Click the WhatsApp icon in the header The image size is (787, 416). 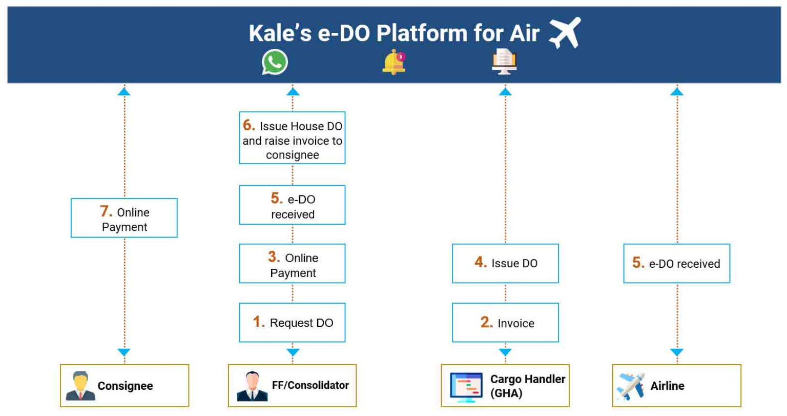[275, 62]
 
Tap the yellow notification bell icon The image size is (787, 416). [394, 62]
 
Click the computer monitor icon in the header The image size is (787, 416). [504, 62]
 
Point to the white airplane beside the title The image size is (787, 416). [565, 33]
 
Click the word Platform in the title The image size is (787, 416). [422, 33]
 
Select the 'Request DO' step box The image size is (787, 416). [293, 323]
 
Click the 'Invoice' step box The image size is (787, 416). [505, 323]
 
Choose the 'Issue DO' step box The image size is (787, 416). [505, 263]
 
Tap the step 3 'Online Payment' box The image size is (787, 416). [293, 263]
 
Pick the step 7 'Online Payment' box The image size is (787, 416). [124, 218]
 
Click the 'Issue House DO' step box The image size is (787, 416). [293, 138]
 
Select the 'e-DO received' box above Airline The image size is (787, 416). [677, 263]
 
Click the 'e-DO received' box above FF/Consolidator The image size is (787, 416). [293, 205]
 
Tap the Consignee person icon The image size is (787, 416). [80, 386]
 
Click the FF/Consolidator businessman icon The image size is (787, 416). [252, 386]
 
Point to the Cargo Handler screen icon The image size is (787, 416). [466, 387]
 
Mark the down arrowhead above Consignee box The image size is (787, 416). [124, 352]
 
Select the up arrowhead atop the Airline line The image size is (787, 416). [677, 92]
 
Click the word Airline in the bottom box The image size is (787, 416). [667, 386]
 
